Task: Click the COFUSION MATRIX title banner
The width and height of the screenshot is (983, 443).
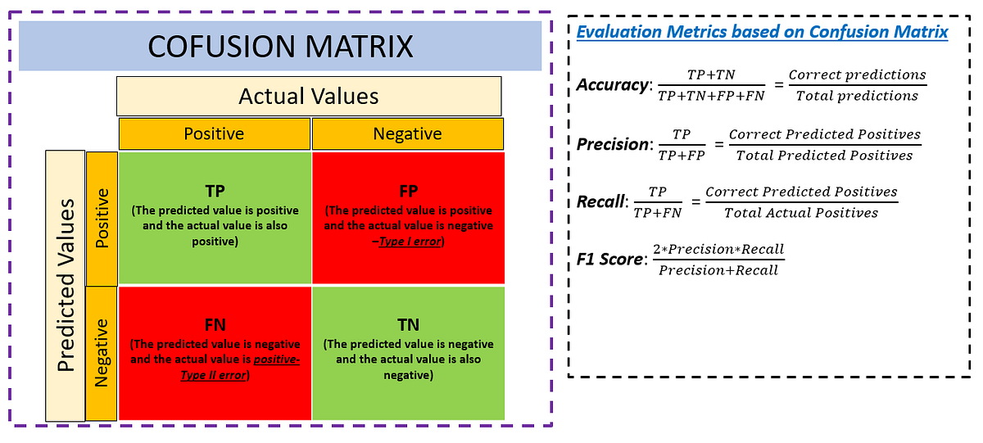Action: [x=279, y=46]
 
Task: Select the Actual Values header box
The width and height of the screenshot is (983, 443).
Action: [x=308, y=97]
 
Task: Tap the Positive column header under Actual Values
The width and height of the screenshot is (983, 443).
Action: [x=214, y=133]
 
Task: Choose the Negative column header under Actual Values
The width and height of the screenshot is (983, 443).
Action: [x=407, y=133]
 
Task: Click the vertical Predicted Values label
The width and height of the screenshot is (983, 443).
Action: [x=66, y=284]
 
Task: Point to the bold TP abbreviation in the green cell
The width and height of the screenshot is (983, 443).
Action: [x=215, y=191]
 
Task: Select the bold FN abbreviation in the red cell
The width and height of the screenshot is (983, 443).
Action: [x=215, y=326]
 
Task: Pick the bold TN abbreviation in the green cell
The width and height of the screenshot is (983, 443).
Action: [x=408, y=326]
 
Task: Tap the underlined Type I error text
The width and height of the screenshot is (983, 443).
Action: [x=410, y=242]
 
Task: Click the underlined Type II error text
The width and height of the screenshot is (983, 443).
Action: [x=214, y=375]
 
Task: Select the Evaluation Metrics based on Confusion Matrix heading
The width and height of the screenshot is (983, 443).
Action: [x=762, y=33]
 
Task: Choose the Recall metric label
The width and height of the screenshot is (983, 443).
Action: [x=600, y=201]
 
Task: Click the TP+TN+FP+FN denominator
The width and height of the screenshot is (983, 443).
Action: [x=709, y=96]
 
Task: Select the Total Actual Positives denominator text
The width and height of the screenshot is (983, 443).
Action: [x=801, y=213]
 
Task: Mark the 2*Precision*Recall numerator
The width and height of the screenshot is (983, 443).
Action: [x=718, y=249]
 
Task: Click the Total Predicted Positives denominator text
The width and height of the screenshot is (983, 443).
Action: [x=824, y=156]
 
